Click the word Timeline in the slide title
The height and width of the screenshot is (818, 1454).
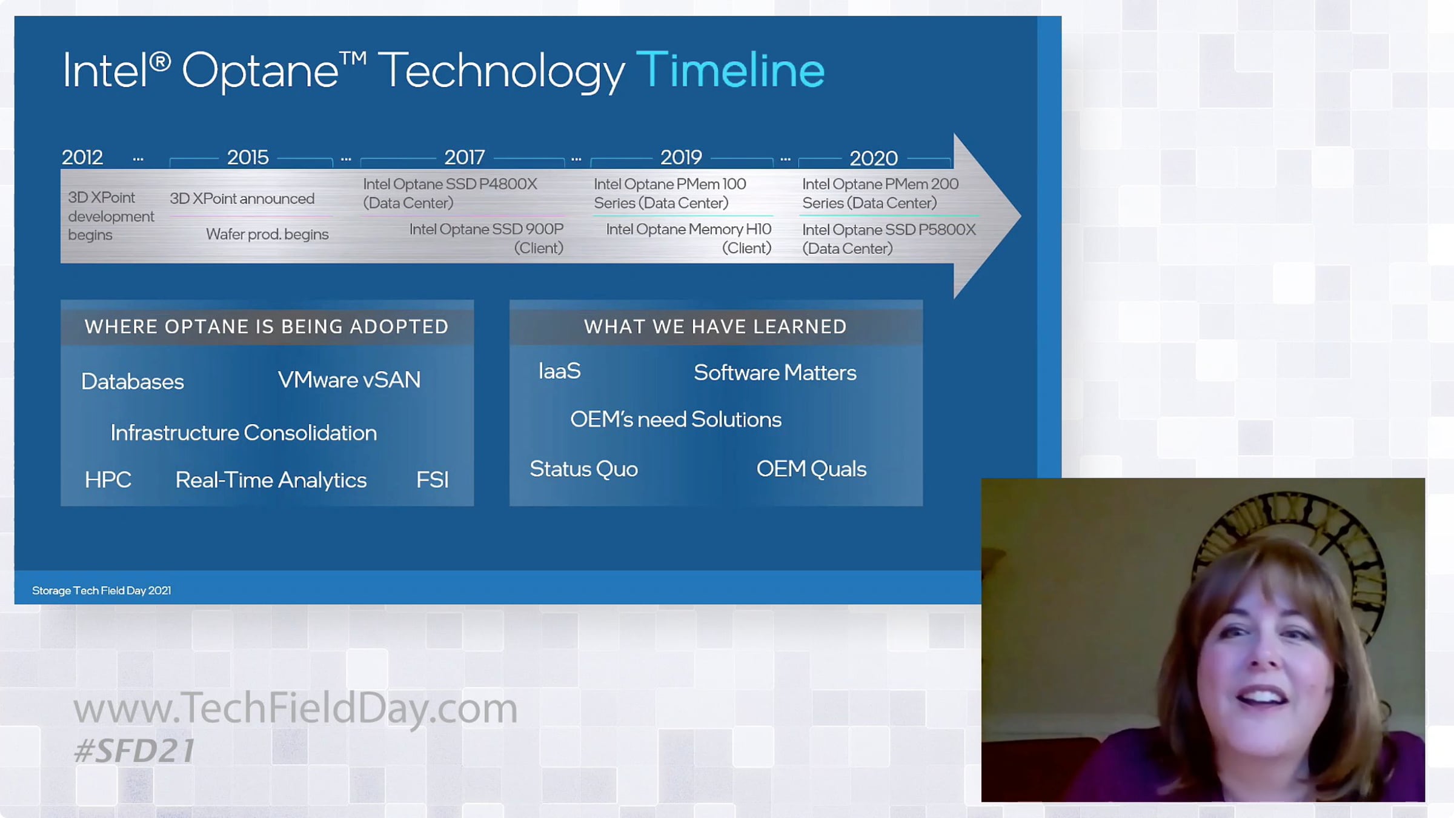[x=730, y=69]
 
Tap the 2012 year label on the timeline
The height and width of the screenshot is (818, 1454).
[x=82, y=158]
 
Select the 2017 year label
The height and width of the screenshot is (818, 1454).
[x=465, y=158]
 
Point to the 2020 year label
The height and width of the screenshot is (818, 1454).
[x=874, y=158]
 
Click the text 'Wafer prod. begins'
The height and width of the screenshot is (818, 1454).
[x=267, y=234]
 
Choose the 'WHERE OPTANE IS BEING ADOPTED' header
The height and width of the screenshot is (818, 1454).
[x=267, y=327]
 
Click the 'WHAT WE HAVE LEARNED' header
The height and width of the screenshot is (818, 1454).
[x=715, y=327]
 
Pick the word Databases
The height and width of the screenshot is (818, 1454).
[x=133, y=381]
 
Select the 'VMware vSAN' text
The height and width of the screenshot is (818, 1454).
[x=349, y=379]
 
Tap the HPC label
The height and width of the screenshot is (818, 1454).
[x=108, y=479]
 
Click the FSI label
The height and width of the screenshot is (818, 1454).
[x=433, y=479]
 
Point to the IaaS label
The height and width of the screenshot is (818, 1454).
[x=559, y=371]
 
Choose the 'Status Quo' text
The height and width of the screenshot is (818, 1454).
[x=583, y=469]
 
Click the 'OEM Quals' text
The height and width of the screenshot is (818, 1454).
[x=811, y=469]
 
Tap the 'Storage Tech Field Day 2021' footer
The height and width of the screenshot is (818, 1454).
[x=102, y=590]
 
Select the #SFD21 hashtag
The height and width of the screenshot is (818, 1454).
[x=134, y=751]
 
